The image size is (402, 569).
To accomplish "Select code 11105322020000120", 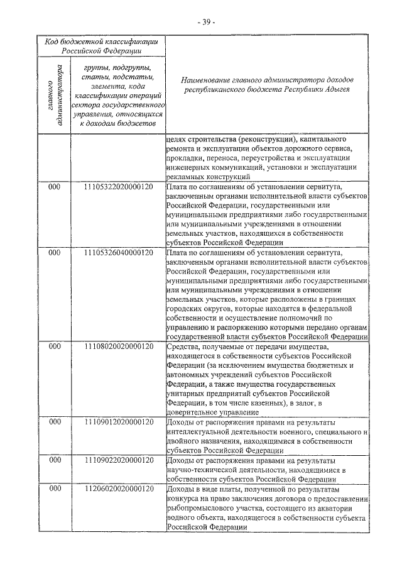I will [118, 188].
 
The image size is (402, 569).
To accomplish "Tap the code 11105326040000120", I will [118, 253].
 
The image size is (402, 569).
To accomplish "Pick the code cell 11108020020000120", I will [118, 346].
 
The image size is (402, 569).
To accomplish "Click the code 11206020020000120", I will [118, 488].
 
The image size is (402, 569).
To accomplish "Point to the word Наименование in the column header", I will [208, 80].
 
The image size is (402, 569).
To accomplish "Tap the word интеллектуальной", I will [200, 431].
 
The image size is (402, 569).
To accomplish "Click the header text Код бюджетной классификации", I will [101, 41].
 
